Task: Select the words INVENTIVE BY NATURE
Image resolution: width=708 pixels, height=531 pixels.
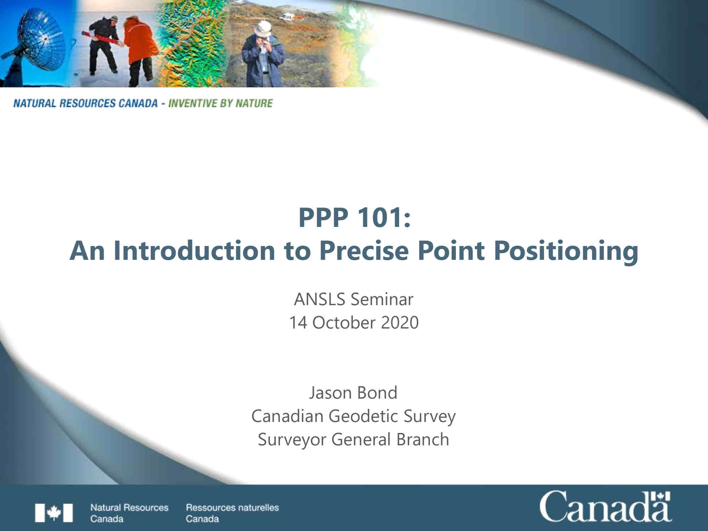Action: pos(221,103)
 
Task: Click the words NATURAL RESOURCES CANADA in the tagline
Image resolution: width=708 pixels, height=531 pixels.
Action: pos(85,103)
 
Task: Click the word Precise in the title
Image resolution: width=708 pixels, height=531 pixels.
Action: pos(364,250)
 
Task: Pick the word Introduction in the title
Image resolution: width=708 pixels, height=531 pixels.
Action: pos(194,250)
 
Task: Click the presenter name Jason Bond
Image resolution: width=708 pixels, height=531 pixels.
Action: pos(353,393)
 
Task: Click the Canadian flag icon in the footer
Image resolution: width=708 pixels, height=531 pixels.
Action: pos(54,513)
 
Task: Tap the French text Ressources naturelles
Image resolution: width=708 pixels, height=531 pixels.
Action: pos(232,507)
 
